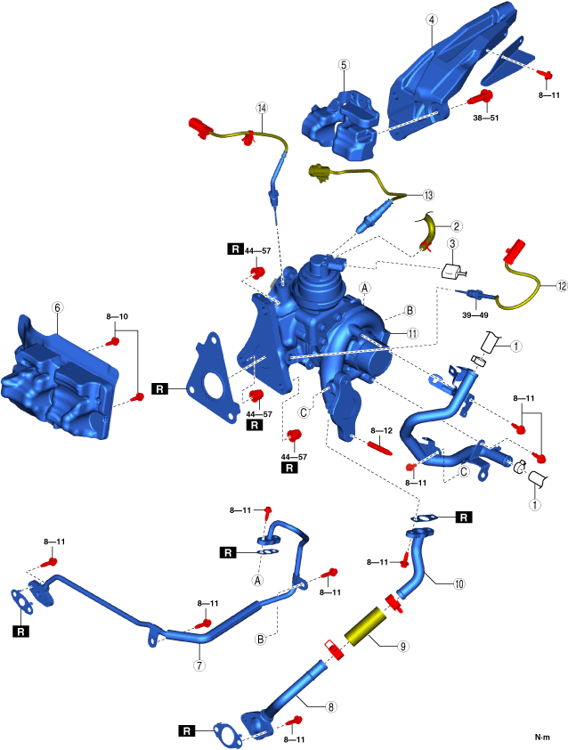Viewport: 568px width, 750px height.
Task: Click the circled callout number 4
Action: (x=431, y=19)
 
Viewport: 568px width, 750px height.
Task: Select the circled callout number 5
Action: (x=343, y=64)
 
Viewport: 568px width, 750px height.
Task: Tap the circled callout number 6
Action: (x=57, y=306)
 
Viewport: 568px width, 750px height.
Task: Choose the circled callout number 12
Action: (x=561, y=286)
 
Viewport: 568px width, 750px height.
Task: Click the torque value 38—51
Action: (x=485, y=116)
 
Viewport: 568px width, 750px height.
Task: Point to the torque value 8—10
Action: (x=118, y=316)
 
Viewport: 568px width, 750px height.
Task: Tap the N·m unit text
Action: (x=542, y=738)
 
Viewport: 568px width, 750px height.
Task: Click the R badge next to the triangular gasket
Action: (x=160, y=389)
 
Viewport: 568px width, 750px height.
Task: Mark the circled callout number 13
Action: (x=428, y=195)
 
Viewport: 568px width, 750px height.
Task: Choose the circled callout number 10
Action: (x=458, y=585)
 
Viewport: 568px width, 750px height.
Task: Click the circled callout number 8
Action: (x=331, y=707)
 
